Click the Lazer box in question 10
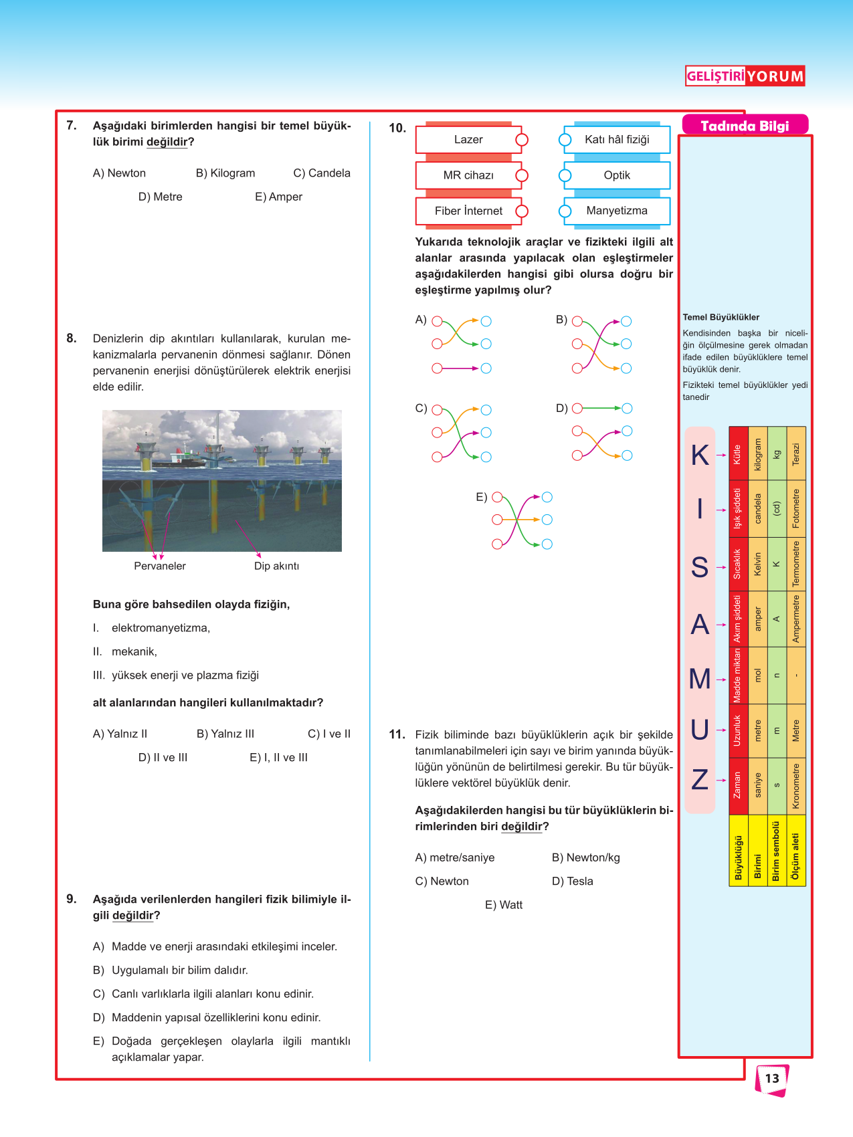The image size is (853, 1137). [468, 140]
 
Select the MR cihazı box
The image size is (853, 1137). [468, 175]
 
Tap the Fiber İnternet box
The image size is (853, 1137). [468, 211]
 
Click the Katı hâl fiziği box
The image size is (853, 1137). [617, 140]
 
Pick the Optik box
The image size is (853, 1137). [617, 175]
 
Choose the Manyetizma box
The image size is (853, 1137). [617, 211]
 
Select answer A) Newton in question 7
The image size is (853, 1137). [119, 173]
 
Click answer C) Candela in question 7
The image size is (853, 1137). [322, 173]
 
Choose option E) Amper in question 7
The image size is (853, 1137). [278, 197]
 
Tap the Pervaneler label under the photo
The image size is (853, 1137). [160, 566]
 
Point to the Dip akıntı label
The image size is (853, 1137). [276, 566]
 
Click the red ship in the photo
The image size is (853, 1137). [178, 460]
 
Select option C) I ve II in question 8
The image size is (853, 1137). [329, 734]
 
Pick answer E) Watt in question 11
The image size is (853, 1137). [504, 905]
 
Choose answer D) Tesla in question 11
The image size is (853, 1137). [573, 882]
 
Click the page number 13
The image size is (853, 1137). [772, 1079]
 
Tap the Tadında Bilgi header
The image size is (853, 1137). [745, 126]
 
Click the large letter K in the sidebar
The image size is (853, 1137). [700, 455]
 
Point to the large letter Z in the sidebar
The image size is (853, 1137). [700, 780]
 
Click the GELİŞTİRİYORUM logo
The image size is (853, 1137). [745, 76]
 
